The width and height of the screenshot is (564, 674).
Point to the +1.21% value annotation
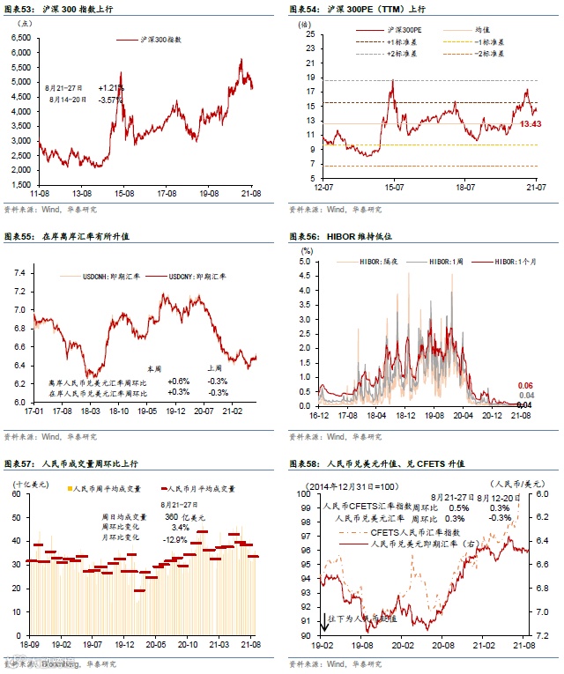111,88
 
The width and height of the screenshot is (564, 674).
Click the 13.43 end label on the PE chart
531,124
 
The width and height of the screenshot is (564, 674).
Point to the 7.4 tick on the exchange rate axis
19,273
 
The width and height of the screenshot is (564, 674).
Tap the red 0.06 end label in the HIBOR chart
526,386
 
